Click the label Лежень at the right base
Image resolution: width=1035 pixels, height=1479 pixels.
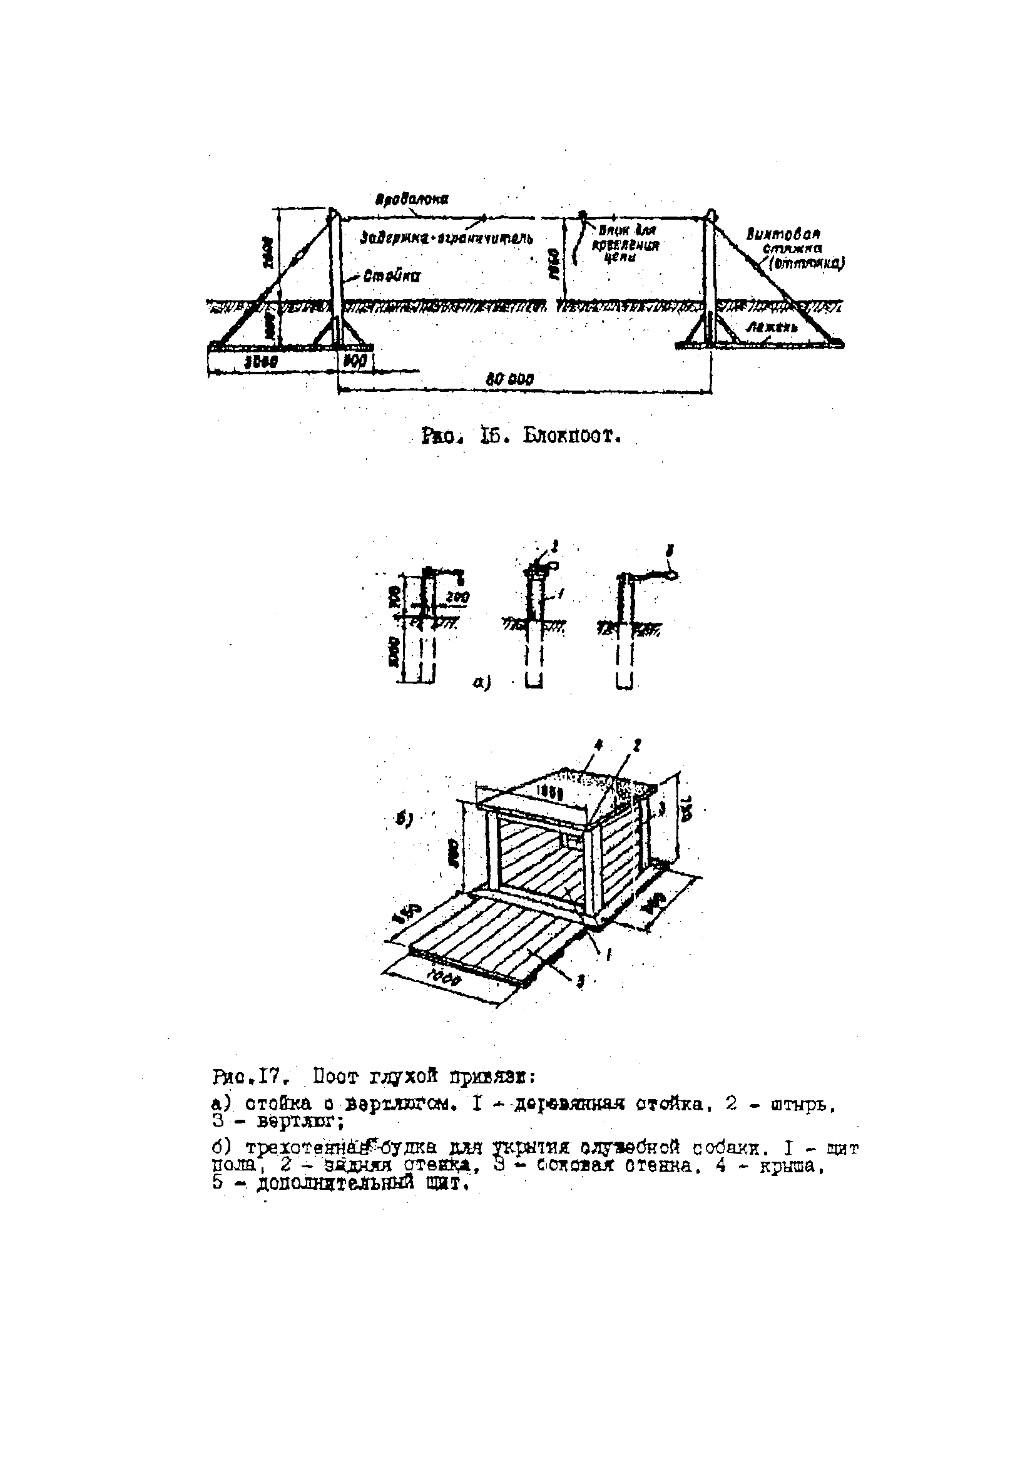tap(773, 327)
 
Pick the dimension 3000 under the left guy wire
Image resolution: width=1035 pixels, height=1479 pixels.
tap(263, 362)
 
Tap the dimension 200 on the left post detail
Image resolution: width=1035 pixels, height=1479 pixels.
tap(458, 597)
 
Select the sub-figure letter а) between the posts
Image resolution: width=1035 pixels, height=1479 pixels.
tap(482, 683)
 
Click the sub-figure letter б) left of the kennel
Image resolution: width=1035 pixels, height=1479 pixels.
tap(404, 819)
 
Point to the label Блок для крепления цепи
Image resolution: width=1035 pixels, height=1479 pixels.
tap(625, 243)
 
